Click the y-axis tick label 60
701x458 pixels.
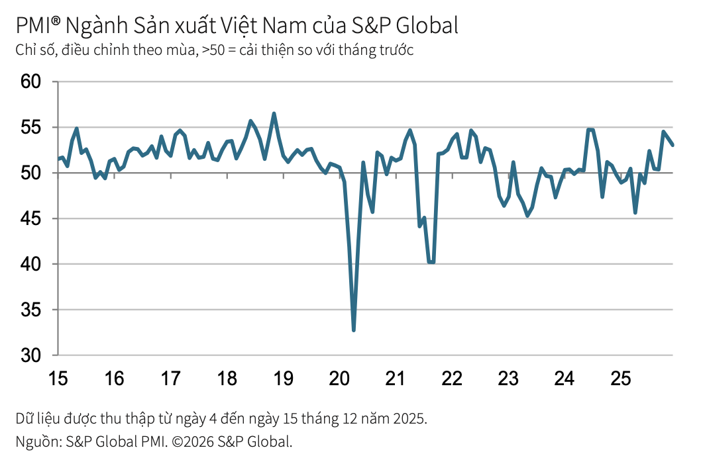coord(30,81)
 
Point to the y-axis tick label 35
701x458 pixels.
coord(30,310)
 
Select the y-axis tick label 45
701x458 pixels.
coord(30,218)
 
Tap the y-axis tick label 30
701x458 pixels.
coord(30,355)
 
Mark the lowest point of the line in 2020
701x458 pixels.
coord(354,330)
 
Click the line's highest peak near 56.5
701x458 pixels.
coord(274,114)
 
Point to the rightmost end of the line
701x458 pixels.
coord(673,145)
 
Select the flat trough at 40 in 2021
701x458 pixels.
coord(431,262)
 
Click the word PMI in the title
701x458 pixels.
coord(32,26)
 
